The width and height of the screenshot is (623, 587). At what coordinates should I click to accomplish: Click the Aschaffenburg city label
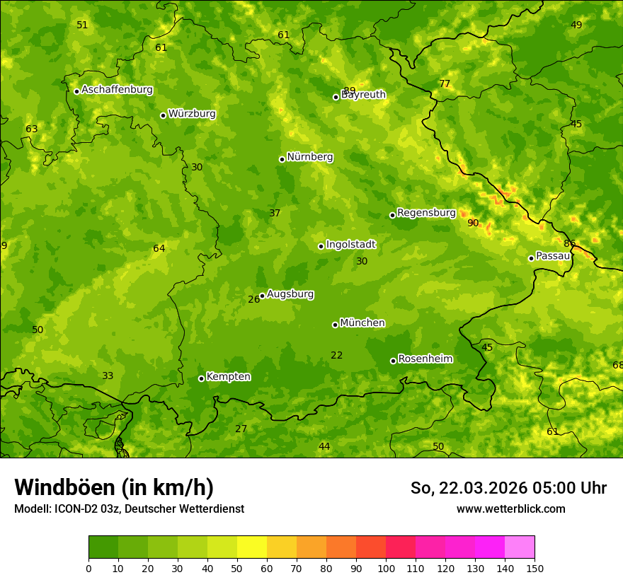pyautogui.click(x=117, y=90)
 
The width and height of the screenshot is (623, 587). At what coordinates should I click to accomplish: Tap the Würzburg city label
pyautogui.click(x=192, y=114)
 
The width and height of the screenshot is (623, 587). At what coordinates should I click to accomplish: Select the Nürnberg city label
pyautogui.click(x=309, y=157)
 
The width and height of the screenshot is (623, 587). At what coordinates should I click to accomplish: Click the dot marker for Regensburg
pyautogui.click(x=392, y=215)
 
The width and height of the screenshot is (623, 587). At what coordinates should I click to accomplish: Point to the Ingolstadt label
pyautogui.click(x=350, y=245)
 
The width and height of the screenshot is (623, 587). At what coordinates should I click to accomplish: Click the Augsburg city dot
pyautogui.click(x=262, y=296)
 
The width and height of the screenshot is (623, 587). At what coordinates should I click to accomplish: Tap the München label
pyautogui.click(x=362, y=323)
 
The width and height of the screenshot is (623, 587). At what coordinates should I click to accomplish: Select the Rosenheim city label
pyautogui.click(x=425, y=359)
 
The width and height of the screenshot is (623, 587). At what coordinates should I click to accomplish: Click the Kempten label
pyautogui.click(x=228, y=377)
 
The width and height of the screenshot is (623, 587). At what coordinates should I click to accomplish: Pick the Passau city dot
pyautogui.click(x=531, y=258)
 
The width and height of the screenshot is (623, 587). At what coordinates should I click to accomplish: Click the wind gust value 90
pyautogui.click(x=473, y=223)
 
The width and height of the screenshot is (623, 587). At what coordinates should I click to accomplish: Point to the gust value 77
pyautogui.click(x=445, y=84)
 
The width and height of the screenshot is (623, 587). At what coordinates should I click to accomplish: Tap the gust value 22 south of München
pyautogui.click(x=337, y=356)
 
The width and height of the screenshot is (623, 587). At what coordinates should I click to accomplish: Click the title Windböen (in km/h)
pyautogui.click(x=114, y=487)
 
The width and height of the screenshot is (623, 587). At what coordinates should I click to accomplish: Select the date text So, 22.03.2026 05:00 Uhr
pyautogui.click(x=508, y=488)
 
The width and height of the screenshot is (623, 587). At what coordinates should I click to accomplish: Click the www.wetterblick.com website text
pyautogui.click(x=510, y=509)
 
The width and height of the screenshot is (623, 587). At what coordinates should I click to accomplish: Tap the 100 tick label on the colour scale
pyautogui.click(x=386, y=569)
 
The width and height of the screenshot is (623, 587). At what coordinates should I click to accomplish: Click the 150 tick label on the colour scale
pyautogui.click(x=535, y=569)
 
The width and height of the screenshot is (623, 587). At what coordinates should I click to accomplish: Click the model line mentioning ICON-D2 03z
pyautogui.click(x=129, y=509)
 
